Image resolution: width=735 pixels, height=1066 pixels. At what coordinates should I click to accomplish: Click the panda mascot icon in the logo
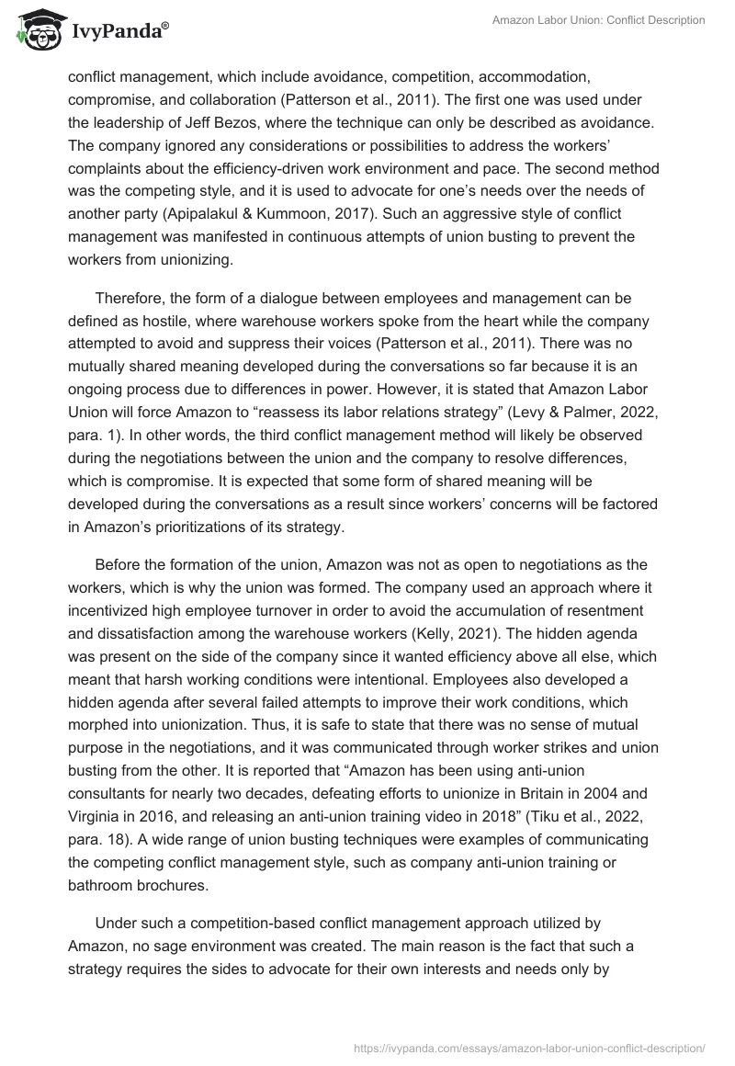click(35, 30)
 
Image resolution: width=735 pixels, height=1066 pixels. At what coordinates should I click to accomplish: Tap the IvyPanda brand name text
click(119, 32)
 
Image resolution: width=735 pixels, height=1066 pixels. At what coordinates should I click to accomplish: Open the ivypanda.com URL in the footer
click(530, 1047)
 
